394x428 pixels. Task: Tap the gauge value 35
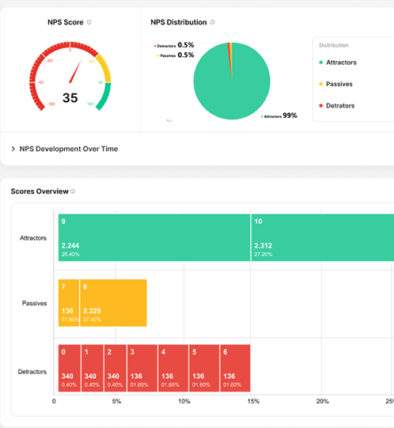pos(70,98)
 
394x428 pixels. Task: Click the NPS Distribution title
pos(179,22)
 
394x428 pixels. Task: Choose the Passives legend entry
pos(339,83)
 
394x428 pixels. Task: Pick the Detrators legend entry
pos(339,105)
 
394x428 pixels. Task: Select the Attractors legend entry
pos(341,62)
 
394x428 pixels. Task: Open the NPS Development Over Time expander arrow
pos(13,149)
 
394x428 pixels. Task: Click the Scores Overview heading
pos(39,191)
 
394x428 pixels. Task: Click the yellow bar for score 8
pos(113,302)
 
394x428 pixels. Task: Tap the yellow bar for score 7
pos(68,302)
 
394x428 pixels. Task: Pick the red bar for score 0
pos(68,368)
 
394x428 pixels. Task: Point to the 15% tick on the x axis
pos(253,401)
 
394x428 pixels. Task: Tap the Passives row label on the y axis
pos(33,303)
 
